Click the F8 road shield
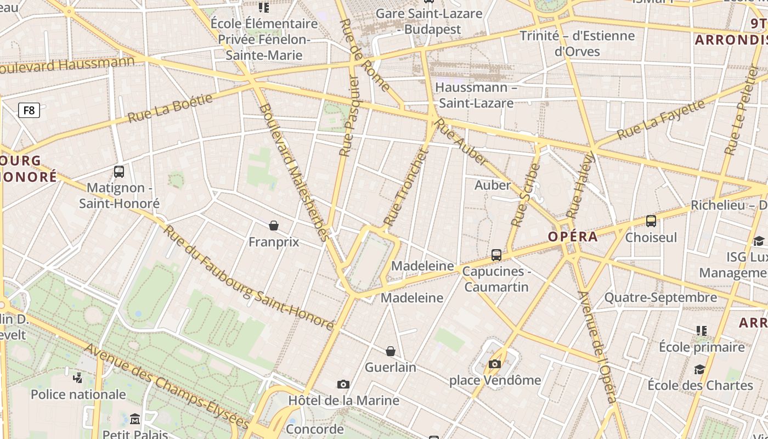29,110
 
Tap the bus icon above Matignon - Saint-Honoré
119,172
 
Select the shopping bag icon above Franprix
274,225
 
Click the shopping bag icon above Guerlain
391,351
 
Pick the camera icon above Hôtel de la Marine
343,384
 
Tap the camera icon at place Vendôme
495,364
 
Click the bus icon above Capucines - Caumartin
496,255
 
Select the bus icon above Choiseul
651,221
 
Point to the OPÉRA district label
573,237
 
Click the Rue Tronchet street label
405,188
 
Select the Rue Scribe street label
526,195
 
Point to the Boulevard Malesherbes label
295,172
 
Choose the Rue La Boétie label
170,108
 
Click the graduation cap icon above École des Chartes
699,369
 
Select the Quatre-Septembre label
660,297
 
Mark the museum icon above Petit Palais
135,420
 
